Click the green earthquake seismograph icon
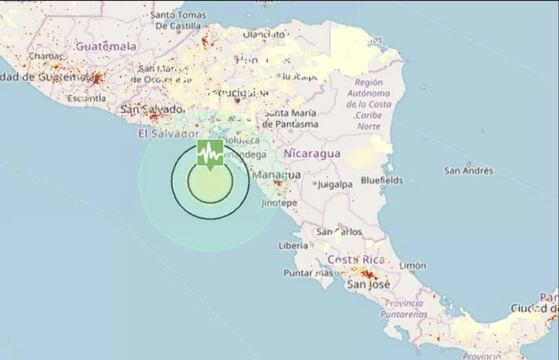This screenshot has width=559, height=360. pyautogui.click(x=210, y=153)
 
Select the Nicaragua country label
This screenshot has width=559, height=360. pyautogui.click(x=312, y=153)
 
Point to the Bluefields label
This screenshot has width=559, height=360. pyautogui.click(x=382, y=180)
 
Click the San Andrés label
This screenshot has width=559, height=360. pyautogui.click(x=469, y=170)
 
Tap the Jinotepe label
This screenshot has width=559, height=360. pyautogui.click(x=279, y=203)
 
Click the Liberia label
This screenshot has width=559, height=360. pyautogui.click(x=293, y=246)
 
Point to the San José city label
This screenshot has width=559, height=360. pyautogui.click(x=369, y=285)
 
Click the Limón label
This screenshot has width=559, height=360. pyautogui.click(x=412, y=266)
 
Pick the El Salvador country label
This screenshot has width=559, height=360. pyautogui.click(x=168, y=134)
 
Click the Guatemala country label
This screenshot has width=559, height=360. pyautogui.click(x=106, y=46)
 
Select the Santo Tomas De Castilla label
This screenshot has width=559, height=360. pyautogui.click(x=178, y=20)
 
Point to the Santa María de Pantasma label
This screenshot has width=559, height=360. pyautogui.click(x=290, y=119)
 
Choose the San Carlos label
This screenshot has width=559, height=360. pyautogui.click(x=339, y=232)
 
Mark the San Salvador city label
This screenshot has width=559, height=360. pyautogui.click(x=152, y=109)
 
